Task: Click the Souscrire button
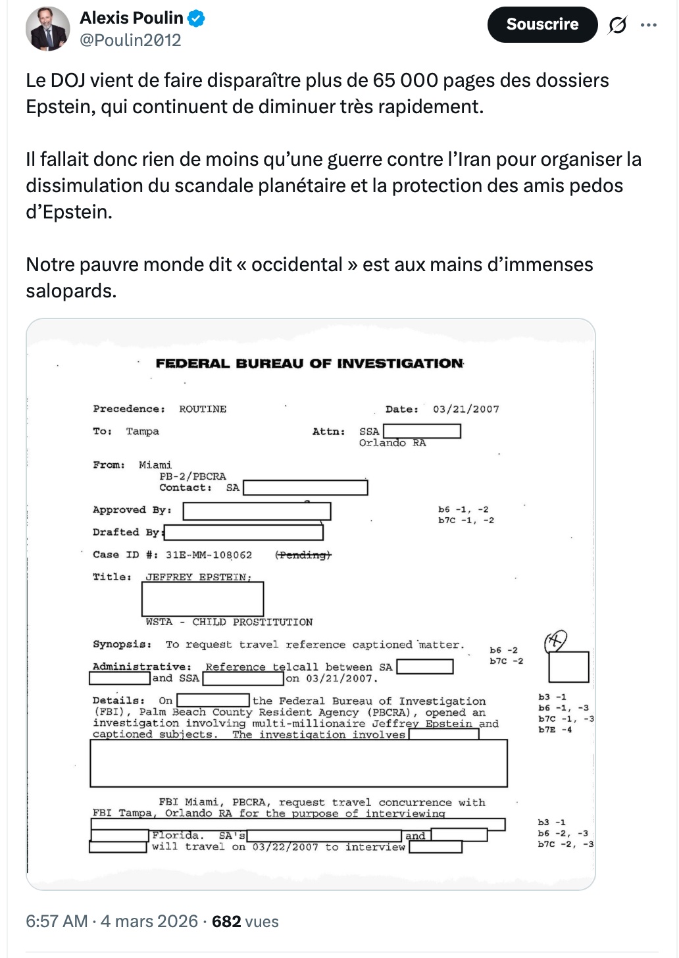click(x=542, y=24)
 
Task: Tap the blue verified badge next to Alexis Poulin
click(x=196, y=18)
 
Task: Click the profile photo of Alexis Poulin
click(x=47, y=29)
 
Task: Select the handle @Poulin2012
click(x=130, y=40)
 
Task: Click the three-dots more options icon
click(x=649, y=25)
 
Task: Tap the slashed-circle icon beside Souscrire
click(x=617, y=25)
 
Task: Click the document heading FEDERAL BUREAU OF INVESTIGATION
click(x=309, y=363)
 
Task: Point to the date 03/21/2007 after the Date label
click(x=466, y=409)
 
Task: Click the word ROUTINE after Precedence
click(x=203, y=409)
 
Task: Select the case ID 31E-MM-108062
click(x=209, y=555)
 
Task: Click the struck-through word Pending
click(x=303, y=555)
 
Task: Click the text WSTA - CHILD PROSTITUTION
click(x=229, y=622)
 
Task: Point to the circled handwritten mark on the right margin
click(x=556, y=640)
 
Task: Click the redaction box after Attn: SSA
click(x=422, y=431)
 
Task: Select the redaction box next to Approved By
click(x=257, y=511)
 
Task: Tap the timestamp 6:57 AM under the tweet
click(x=57, y=921)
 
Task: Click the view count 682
click(x=226, y=921)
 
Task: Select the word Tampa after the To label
click(x=143, y=432)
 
